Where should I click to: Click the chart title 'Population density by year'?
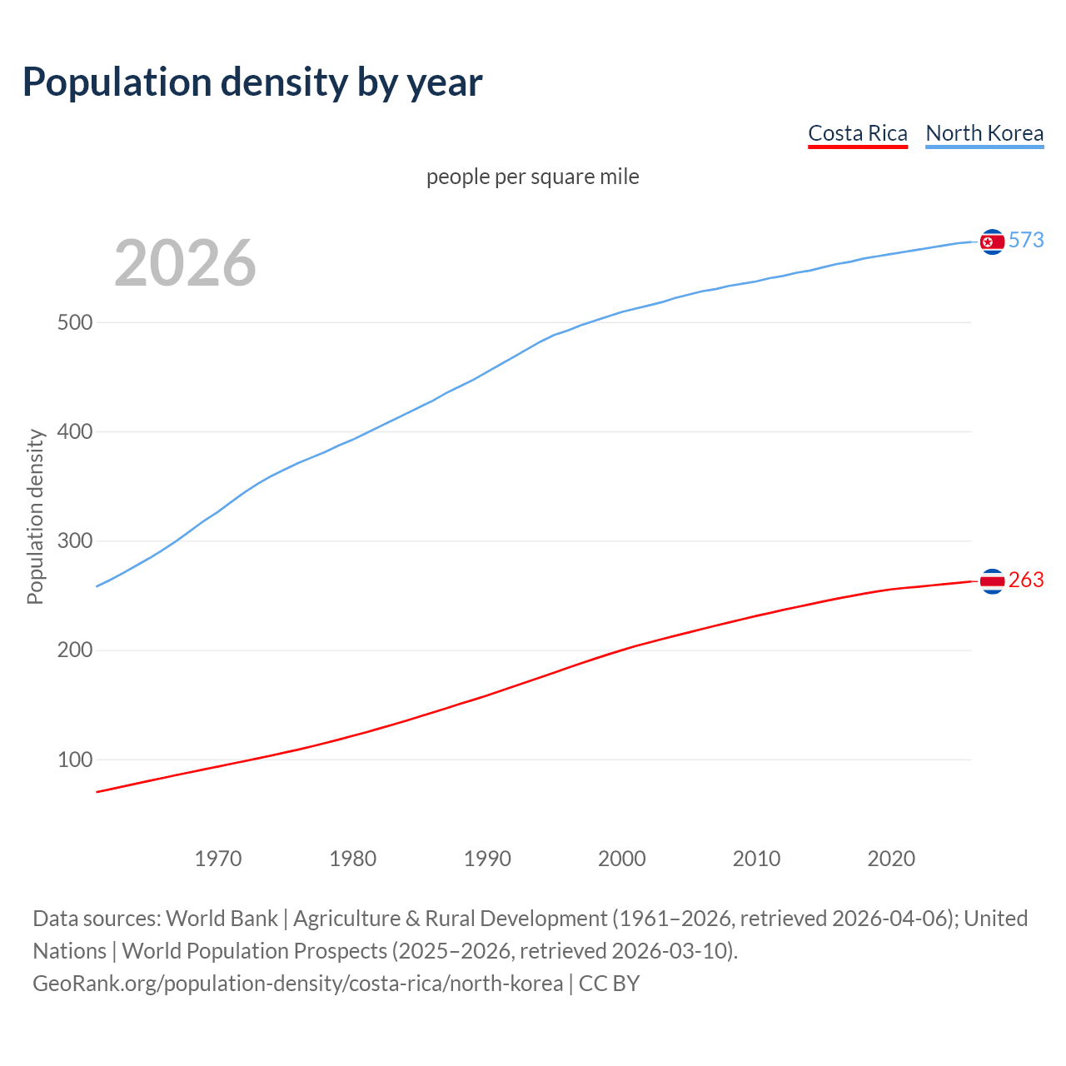point(252,82)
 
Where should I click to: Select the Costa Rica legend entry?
point(857,133)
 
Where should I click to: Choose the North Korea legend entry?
point(984,133)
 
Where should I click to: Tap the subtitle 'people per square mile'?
point(532,177)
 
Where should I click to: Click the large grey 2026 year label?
point(185,263)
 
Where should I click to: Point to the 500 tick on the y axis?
point(74,323)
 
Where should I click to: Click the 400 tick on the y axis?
point(74,432)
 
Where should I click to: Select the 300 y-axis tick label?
point(74,541)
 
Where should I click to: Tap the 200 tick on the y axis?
point(74,650)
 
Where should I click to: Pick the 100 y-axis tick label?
point(74,760)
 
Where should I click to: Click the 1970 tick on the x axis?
point(218,859)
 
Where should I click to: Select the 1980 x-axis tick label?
point(353,859)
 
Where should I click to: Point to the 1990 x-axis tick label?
point(487,859)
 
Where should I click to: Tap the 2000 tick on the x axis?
point(622,859)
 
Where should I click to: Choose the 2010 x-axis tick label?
point(756,859)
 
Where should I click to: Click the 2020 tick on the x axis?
point(891,859)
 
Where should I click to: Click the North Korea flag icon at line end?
point(992,242)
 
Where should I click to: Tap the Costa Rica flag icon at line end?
point(992,581)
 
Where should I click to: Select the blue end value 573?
point(1026,241)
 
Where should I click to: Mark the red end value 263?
point(1026,580)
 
